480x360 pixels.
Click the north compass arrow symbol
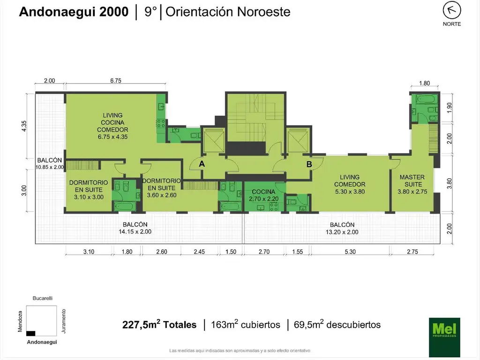pos(451,10)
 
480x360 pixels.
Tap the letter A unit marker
pos(202,164)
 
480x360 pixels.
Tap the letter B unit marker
pos(309,164)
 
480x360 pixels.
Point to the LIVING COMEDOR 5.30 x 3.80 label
pos(350,184)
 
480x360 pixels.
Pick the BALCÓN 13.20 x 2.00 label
pos(342,228)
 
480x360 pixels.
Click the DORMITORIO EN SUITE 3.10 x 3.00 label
pos(89,190)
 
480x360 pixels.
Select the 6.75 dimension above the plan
pos(116,81)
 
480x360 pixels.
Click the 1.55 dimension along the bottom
pos(297,252)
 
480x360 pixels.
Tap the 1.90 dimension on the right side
pos(449,107)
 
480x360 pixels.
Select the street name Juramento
pos(64,321)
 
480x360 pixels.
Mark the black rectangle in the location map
pos(30,333)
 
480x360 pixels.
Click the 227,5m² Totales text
pos(159,324)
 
